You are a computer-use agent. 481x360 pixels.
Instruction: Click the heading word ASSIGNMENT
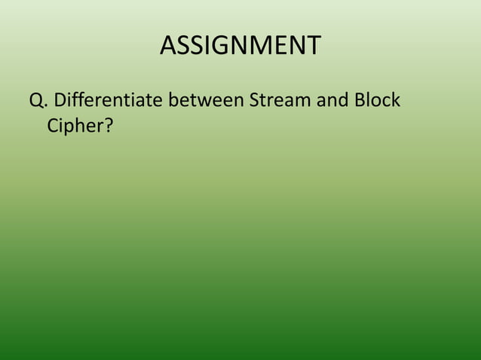240,46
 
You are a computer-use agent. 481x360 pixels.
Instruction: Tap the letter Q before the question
35,99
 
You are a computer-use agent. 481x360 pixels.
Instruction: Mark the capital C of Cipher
53,125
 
